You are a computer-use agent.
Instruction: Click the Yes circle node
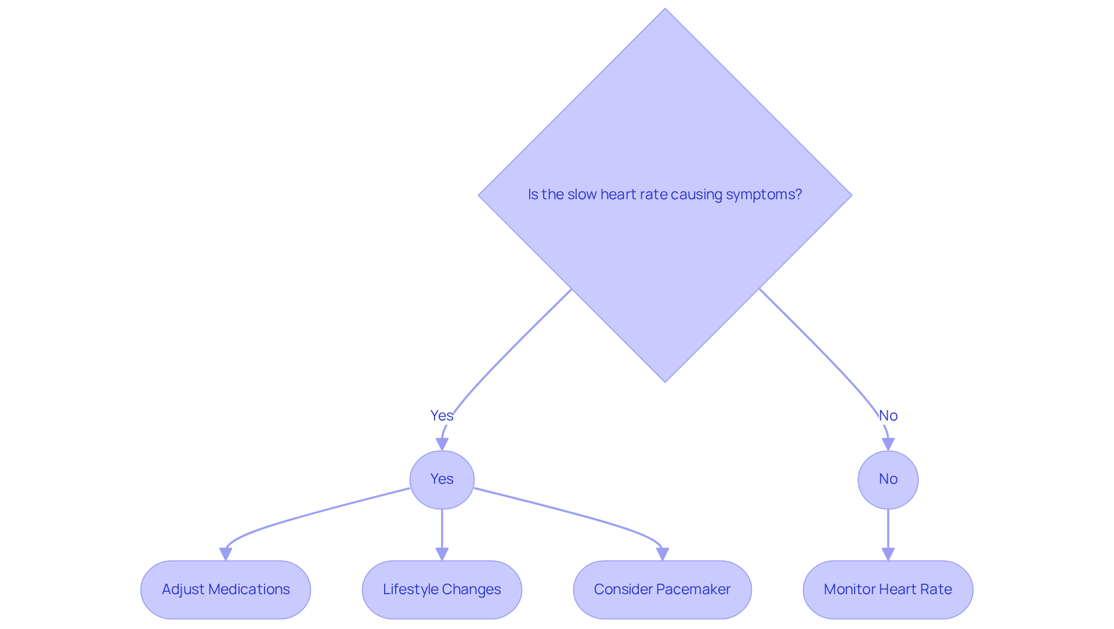click(x=442, y=480)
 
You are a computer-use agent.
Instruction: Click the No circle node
click(x=888, y=480)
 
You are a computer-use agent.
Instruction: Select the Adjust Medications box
click(x=226, y=590)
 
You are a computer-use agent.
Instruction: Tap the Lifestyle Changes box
click(x=442, y=590)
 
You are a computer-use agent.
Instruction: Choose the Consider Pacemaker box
click(x=662, y=590)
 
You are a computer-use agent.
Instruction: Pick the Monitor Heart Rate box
click(x=888, y=590)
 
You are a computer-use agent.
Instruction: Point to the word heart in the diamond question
click(x=617, y=195)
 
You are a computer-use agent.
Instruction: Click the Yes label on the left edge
click(x=442, y=416)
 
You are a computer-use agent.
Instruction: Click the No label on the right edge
click(x=888, y=416)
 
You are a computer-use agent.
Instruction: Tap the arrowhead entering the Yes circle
click(x=442, y=444)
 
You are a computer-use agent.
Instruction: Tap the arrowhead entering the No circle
click(x=888, y=444)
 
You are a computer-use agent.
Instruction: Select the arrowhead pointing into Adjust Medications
click(x=226, y=554)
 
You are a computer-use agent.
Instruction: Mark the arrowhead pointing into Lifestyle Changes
click(x=442, y=554)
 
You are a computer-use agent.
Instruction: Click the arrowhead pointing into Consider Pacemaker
click(x=663, y=554)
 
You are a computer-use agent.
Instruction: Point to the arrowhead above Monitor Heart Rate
click(x=888, y=554)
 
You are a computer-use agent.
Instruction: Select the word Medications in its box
click(x=249, y=590)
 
